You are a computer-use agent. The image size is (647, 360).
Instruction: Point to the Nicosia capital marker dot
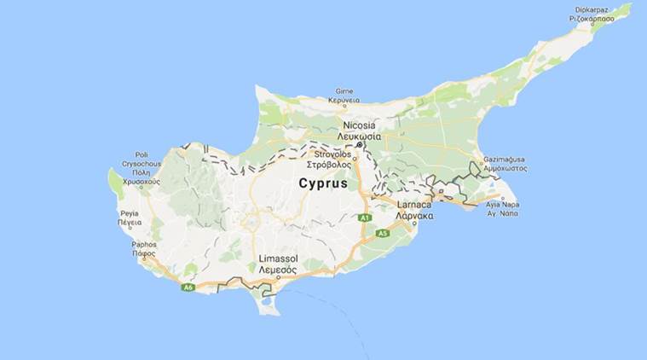[360, 145]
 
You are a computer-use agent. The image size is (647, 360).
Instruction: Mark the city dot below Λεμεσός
[279, 277]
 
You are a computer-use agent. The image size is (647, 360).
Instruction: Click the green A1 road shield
[364, 218]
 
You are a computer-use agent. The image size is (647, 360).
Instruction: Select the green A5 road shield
[382, 233]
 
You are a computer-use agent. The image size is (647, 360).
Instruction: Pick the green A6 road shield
[188, 287]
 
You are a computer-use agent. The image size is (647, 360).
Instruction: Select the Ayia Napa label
[503, 206]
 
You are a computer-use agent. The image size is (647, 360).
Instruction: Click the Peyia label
[130, 212]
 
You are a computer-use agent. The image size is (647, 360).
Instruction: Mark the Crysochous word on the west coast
[141, 164]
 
